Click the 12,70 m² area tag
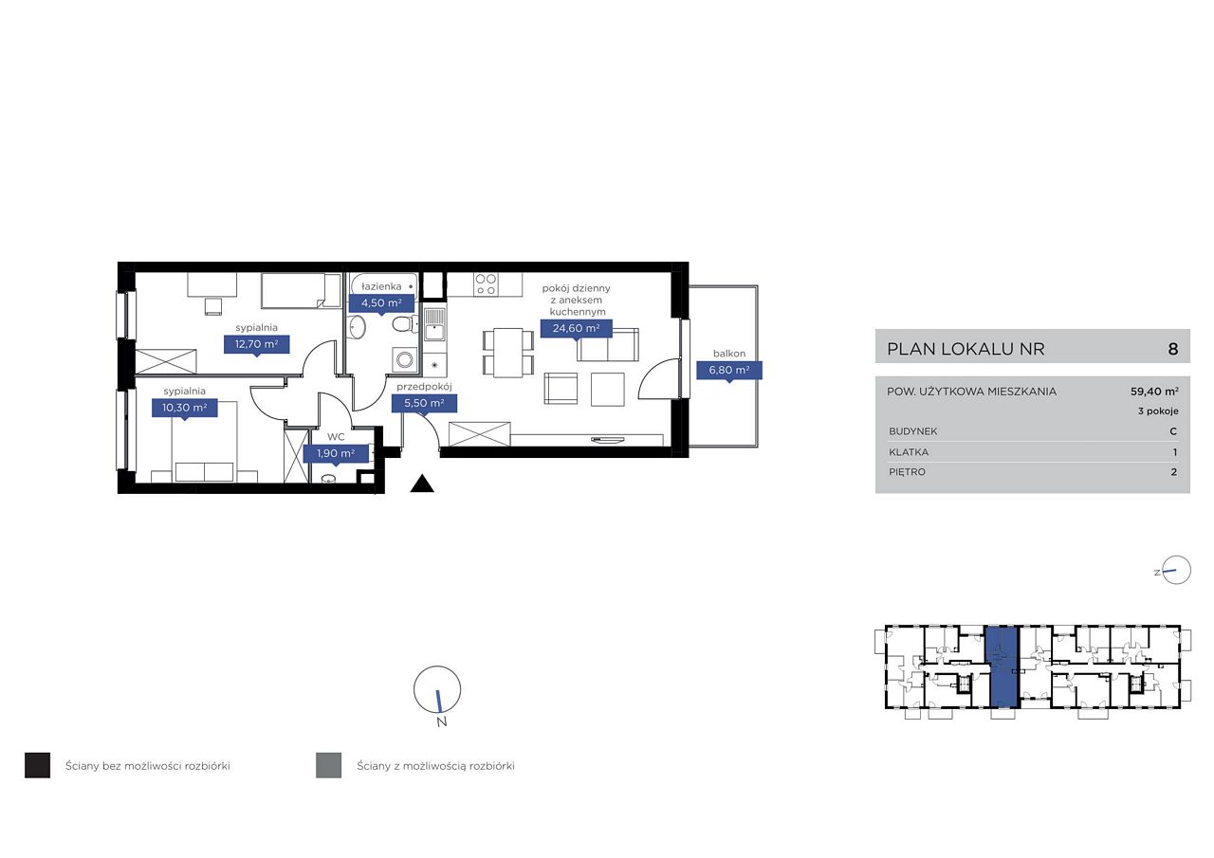pyautogui.click(x=256, y=344)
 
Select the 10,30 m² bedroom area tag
pyautogui.click(x=184, y=408)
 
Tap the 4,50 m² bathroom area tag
pyautogui.click(x=381, y=302)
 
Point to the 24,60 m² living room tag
pyautogui.click(x=576, y=328)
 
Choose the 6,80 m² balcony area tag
pyautogui.click(x=729, y=371)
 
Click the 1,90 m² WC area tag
pyautogui.click(x=336, y=453)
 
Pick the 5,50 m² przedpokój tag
pyautogui.click(x=424, y=404)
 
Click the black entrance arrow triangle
pyautogui.click(x=422, y=484)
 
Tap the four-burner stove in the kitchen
pyautogui.click(x=486, y=284)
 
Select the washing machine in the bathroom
pyautogui.click(x=404, y=358)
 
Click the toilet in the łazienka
pyautogui.click(x=404, y=325)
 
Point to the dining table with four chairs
pyautogui.click(x=508, y=353)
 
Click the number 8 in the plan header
pyautogui.click(x=1173, y=349)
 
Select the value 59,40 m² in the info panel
pyautogui.click(x=1154, y=392)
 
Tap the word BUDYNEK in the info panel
pyautogui.click(x=913, y=431)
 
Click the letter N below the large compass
pyautogui.click(x=442, y=721)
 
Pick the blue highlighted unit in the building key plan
pyautogui.click(x=1002, y=666)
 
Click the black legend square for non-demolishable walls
pyautogui.click(x=37, y=765)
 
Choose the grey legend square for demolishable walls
pyautogui.click(x=328, y=765)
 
